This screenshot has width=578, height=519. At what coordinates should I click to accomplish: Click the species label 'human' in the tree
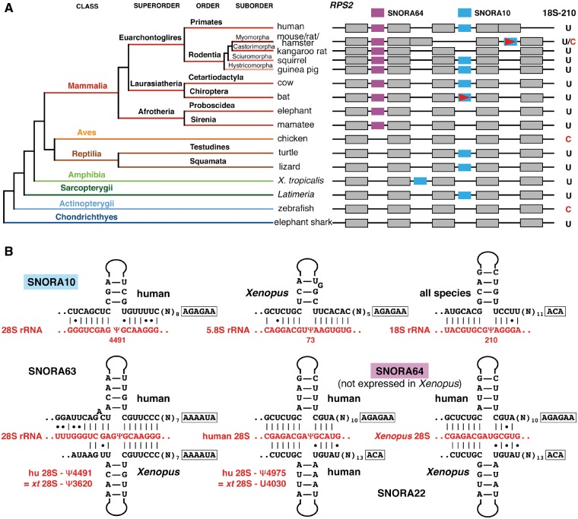[290, 27]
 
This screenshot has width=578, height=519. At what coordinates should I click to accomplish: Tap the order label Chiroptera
[208, 91]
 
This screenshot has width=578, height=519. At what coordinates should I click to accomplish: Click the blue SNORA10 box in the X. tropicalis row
[420, 181]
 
